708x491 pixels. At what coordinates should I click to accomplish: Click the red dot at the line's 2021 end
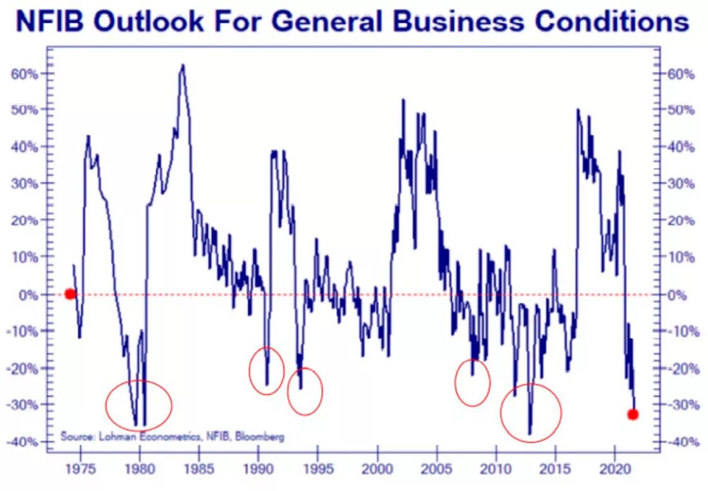633,414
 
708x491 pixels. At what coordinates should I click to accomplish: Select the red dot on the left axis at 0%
70,294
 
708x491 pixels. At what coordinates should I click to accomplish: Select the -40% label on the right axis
680,441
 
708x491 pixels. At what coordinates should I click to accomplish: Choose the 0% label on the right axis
680,294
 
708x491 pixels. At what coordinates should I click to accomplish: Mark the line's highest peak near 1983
183,65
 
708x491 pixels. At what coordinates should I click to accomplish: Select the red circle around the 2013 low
531,412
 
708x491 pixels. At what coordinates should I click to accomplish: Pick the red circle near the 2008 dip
472,382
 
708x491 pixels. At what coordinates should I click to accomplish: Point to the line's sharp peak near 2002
403,100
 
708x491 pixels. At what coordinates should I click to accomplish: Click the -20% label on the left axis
24,368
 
